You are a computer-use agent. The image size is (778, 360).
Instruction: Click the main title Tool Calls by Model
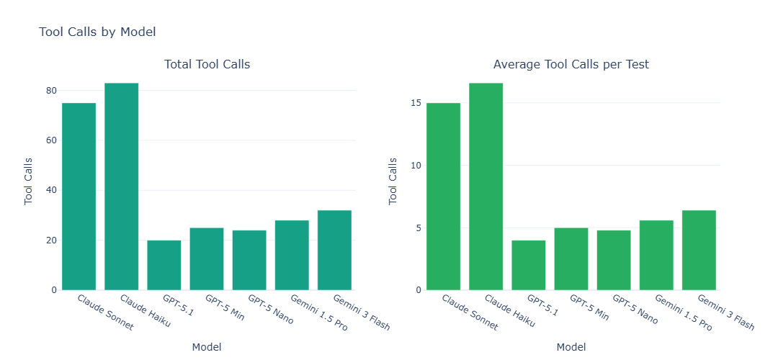click(97, 32)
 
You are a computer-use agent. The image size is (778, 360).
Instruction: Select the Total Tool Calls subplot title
click(207, 64)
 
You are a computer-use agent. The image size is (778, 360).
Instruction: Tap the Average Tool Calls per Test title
click(571, 64)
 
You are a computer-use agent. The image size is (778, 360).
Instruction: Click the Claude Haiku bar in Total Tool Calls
click(121, 186)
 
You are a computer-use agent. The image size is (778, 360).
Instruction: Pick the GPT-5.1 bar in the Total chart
click(164, 265)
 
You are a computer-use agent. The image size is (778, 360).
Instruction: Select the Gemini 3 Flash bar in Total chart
click(334, 250)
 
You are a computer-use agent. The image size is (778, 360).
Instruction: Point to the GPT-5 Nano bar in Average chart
click(614, 260)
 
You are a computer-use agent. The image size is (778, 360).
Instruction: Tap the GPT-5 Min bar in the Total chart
click(207, 258)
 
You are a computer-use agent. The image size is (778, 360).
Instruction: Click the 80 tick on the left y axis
click(50, 91)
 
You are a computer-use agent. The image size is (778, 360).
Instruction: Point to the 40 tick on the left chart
click(50, 190)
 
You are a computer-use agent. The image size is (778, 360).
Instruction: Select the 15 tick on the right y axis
click(415, 103)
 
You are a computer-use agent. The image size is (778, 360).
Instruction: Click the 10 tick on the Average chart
click(415, 166)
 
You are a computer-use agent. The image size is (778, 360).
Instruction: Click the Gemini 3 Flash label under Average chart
click(725, 312)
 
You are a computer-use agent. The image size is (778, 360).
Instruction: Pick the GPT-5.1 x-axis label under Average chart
click(542, 306)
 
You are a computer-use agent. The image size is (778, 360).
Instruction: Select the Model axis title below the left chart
click(207, 347)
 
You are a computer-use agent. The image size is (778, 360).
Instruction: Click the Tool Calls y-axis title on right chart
click(393, 181)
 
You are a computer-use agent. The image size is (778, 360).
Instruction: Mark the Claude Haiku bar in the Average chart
click(486, 186)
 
